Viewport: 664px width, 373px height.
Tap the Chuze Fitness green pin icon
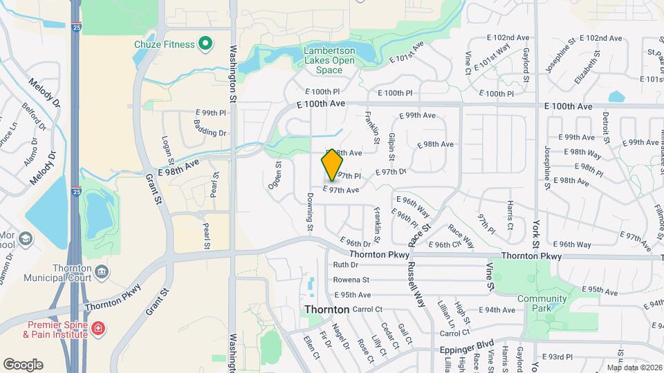(205, 44)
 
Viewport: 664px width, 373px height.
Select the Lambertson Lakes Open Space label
(330, 60)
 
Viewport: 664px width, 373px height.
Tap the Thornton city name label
(327, 309)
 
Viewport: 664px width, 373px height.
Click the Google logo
(23, 364)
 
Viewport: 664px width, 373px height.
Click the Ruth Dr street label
(345, 265)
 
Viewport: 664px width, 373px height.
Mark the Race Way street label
(461, 236)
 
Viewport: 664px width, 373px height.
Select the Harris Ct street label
(510, 216)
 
